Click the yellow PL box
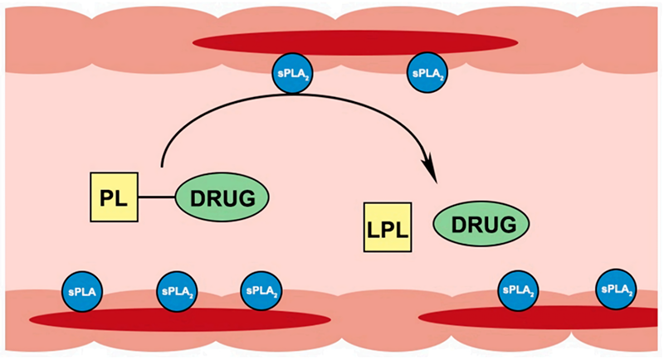coord(114,197)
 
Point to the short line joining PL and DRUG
coord(156,198)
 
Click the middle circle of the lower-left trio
coord(175,291)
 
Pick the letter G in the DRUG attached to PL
coord(252,198)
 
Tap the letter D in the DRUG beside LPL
coord(457,225)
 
